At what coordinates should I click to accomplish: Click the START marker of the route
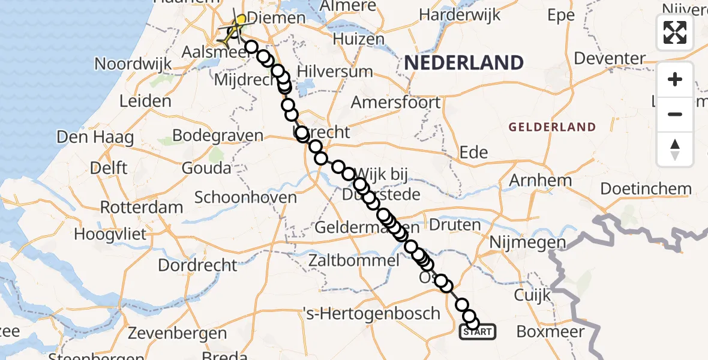click(478, 331)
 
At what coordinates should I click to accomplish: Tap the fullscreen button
click(675, 32)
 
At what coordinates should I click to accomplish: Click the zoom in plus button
click(675, 79)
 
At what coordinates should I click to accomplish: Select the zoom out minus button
click(675, 114)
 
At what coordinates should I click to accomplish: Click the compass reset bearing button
click(675, 149)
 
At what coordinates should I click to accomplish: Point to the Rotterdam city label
click(142, 208)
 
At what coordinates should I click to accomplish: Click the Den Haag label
click(95, 137)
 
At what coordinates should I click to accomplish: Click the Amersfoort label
click(395, 102)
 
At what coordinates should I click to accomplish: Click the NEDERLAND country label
click(463, 62)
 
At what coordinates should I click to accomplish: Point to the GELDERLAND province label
click(552, 127)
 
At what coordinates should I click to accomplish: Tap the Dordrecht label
click(198, 264)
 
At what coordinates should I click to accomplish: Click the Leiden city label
click(145, 101)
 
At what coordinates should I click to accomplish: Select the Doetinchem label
click(646, 188)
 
